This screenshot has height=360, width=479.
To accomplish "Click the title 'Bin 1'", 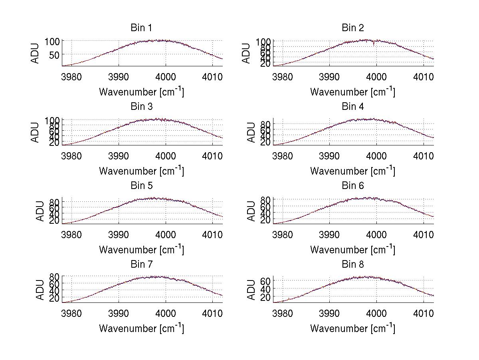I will [x=141, y=28].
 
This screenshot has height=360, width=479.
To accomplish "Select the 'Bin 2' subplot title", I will [x=353, y=28].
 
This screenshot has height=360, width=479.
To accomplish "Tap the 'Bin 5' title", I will [x=141, y=185].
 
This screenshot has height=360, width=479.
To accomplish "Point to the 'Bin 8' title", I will [x=353, y=264].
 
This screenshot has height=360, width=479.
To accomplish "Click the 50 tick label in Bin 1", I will [x=54, y=54].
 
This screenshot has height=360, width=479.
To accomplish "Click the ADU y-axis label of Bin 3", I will [x=35, y=132].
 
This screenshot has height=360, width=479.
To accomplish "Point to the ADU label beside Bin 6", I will [x=251, y=211].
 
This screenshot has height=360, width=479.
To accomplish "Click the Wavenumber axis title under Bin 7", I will [x=141, y=328].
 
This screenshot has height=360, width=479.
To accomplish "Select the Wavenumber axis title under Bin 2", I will [x=353, y=91].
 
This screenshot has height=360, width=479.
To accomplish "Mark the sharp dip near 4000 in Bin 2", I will [x=374, y=45].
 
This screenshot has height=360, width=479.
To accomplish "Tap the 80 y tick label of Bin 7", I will [x=54, y=276].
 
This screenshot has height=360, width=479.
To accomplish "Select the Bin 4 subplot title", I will [x=353, y=106].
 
